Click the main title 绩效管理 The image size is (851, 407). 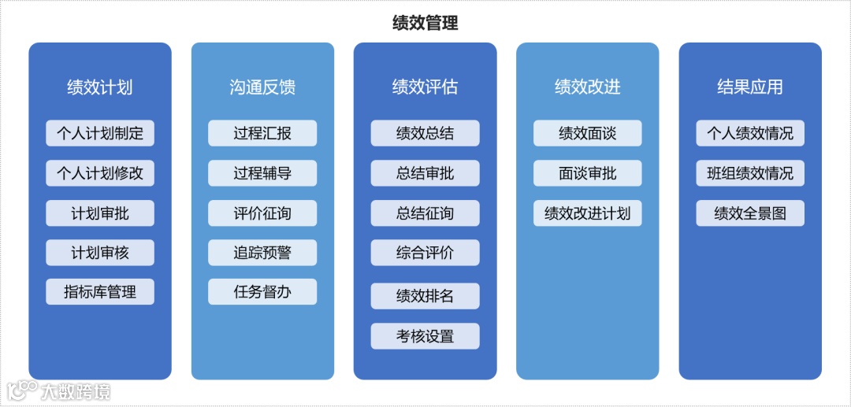coord(425,23)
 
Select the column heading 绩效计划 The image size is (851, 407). coord(100,87)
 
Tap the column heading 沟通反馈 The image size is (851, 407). coord(262,87)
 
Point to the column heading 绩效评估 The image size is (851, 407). coord(425,87)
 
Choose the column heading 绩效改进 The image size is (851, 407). coord(587,87)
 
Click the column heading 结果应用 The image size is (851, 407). coord(750,87)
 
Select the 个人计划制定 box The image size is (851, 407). coord(100,133)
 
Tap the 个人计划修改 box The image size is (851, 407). coord(100,173)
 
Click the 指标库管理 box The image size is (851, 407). coord(100,292)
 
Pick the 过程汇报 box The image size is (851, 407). coord(262,133)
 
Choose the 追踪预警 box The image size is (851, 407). coord(262,253)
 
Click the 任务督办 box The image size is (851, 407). coord(262,292)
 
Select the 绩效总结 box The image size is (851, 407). coord(425,133)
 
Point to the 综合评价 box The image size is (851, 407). coord(425,253)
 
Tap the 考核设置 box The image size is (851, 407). coord(425,336)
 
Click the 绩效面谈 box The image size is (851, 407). coord(587,133)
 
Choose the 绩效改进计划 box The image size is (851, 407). coord(587,213)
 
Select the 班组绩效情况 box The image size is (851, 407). coord(750,173)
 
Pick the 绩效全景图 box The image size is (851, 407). coord(750,213)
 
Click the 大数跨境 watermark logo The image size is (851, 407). coord(59,390)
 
